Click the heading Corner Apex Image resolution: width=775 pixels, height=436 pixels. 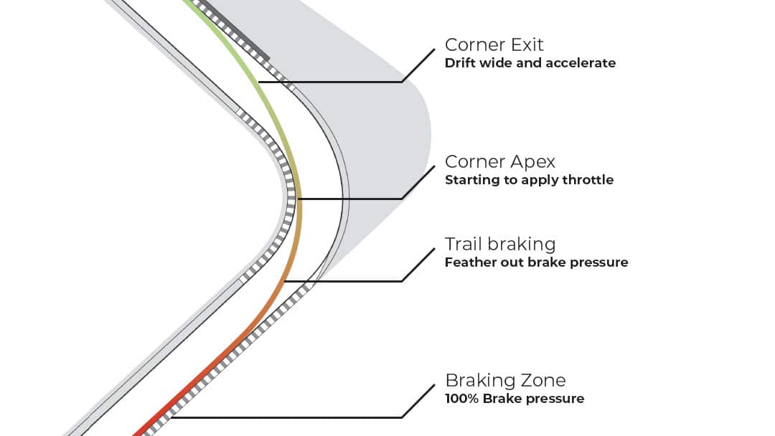pos(500,161)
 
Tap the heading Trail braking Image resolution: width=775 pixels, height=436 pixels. pos(500,245)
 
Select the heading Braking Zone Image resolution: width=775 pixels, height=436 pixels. pos(505,380)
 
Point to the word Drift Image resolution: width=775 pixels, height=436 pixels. pos(459,63)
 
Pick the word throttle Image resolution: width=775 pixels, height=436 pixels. pos(586,180)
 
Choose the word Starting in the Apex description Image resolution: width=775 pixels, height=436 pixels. pos(473,180)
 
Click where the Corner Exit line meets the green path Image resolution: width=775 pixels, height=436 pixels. pos(259,82)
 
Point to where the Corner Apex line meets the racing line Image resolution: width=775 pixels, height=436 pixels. pos(299,199)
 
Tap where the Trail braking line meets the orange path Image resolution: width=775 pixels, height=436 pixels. pos(285,282)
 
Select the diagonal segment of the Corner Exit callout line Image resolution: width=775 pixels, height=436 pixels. pos(418,65)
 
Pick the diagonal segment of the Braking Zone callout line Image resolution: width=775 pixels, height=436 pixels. pos(418,400)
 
